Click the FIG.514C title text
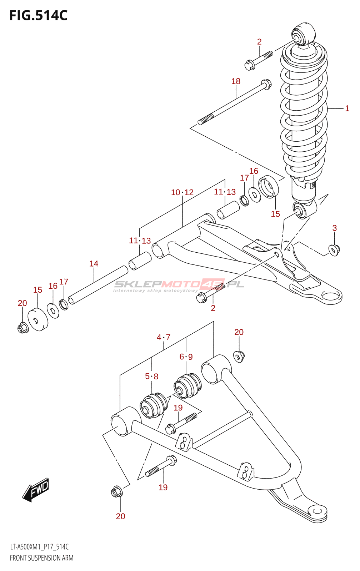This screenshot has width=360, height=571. pyautogui.click(x=38, y=16)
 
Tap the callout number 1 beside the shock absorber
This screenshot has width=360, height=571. pyautogui.click(x=347, y=108)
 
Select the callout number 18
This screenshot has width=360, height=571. pyautogui.click(x=236, y=81)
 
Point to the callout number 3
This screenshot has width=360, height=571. pyautogui.click(x=334, y=228)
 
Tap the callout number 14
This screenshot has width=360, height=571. pyautogui.click(x=94, y=264)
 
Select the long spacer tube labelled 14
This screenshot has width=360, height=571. pyautogui.click(x=98, y=284)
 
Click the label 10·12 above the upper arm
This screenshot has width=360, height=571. pyautogui.click(x=182, y=193)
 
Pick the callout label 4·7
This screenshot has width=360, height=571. pyautogui.click(x=163, y=337)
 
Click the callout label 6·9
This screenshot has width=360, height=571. pyautogui.click(x=186, y=357)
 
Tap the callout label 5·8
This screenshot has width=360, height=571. pyautogui.click(x=151, y=376)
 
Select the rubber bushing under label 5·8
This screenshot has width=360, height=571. pyautogui.click(x=154, y=405)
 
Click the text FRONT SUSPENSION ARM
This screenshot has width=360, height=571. pyautogui.click(x=41, y=558)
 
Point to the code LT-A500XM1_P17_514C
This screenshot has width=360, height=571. pyautogui.click(x=39, y=547)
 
